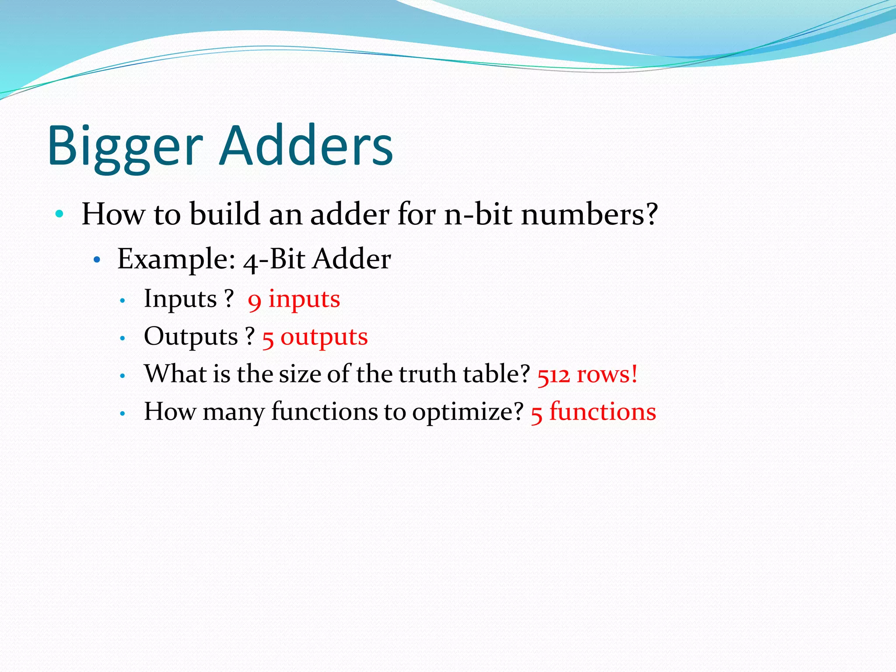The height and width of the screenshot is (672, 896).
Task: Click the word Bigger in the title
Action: (125, 147)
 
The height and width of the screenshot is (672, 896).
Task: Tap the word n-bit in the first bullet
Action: (478, 214)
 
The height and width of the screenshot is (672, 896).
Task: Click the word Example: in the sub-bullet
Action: (177, 259)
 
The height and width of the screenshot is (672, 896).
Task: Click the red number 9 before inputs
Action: (255, 301)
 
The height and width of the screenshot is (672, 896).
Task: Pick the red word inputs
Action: (304, 299)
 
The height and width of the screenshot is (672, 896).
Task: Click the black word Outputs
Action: (191, 337)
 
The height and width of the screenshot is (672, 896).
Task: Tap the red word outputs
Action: (324, 337)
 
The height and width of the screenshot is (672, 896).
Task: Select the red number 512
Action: (553, 375)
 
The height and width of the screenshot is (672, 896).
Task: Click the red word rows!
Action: (607, 375)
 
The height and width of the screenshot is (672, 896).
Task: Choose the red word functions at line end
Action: (602, 412)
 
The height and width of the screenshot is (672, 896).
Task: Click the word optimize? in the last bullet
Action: (468, 412)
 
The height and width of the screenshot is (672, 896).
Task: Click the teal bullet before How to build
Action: (59, 214)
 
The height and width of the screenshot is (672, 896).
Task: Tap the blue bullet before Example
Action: (97, 260)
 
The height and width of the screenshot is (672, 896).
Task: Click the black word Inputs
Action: (180, 299)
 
